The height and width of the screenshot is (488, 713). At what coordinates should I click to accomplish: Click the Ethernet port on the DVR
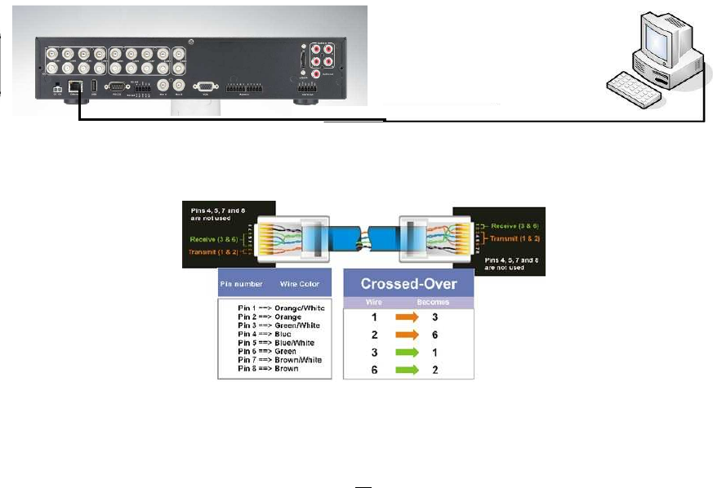(x=74, y=84)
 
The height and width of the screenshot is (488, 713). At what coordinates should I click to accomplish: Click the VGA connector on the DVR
(x=203, y=84)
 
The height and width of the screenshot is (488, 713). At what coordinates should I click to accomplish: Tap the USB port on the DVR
(x=94, y=84)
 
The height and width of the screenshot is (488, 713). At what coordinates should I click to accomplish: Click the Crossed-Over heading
(x=408, y=285)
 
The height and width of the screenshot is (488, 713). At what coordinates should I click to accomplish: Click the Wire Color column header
(x=299, y=284)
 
